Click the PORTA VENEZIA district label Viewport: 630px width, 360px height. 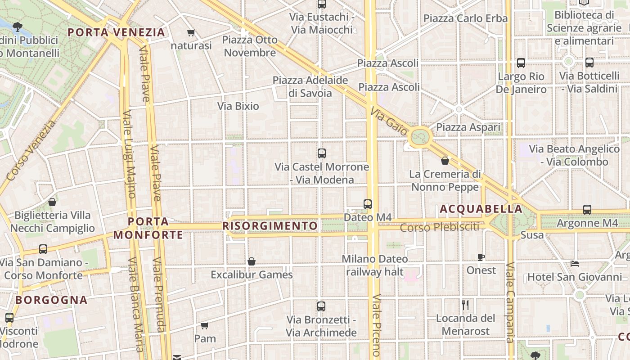116,32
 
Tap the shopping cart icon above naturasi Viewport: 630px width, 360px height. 191,32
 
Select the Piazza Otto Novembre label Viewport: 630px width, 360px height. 250,46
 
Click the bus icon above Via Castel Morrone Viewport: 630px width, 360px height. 321,153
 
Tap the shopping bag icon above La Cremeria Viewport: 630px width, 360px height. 445,161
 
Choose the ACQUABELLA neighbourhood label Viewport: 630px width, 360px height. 481,209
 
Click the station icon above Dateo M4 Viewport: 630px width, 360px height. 368,204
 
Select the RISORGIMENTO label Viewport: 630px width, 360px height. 270,225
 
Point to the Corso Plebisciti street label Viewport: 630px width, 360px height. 440,227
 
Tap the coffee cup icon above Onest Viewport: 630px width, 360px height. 481,257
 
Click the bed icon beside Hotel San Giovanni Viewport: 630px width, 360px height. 574,263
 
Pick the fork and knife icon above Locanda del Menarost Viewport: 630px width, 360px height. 465,305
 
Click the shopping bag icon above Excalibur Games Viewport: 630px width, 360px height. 252,261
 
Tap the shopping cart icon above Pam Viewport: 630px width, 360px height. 205,325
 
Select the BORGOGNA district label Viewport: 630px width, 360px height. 51,300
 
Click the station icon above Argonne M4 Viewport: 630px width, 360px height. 587,210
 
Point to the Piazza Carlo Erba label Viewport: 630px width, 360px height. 465,18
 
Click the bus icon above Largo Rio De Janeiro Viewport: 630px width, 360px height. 521,63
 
